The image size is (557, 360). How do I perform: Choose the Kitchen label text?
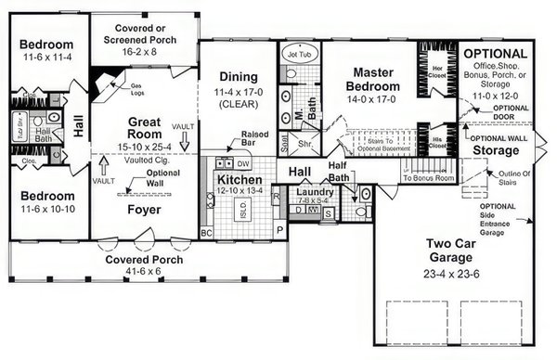coord(240,179)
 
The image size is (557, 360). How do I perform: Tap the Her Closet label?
coord(435,71)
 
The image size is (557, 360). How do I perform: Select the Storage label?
coord(496,151)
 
